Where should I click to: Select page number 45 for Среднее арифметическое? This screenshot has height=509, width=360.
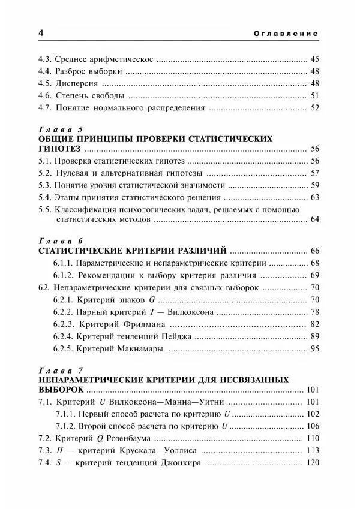[314, 59]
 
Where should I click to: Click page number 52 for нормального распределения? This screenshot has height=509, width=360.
[314, 109]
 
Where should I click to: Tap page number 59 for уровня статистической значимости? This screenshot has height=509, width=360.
[314, 185]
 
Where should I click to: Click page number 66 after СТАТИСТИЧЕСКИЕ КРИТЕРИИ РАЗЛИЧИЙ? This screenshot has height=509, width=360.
[314, 251]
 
